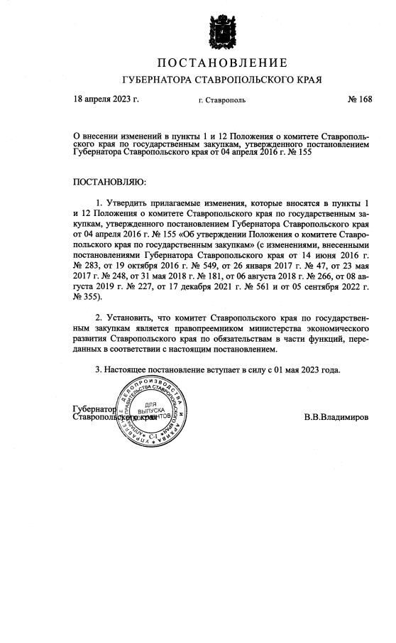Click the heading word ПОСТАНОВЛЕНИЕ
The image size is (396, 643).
[221, 64]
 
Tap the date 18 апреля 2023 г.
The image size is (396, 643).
[106, 99]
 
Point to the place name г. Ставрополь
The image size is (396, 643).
[222, 100]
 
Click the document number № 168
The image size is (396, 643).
[360, 99]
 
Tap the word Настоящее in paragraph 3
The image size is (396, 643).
[128, 369]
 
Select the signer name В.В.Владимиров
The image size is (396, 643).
[336, 417]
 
